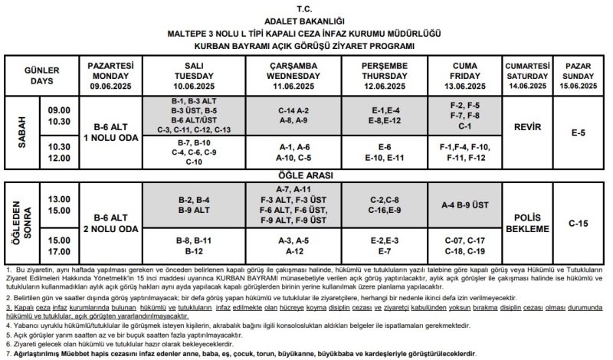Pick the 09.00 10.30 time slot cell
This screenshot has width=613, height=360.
pyautogui.click(x=59, y=116)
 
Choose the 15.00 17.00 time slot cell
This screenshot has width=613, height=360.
pyautogui.click(x=59, y=245)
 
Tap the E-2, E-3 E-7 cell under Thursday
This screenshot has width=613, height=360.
pyautogui.click(x=379, y=245)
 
